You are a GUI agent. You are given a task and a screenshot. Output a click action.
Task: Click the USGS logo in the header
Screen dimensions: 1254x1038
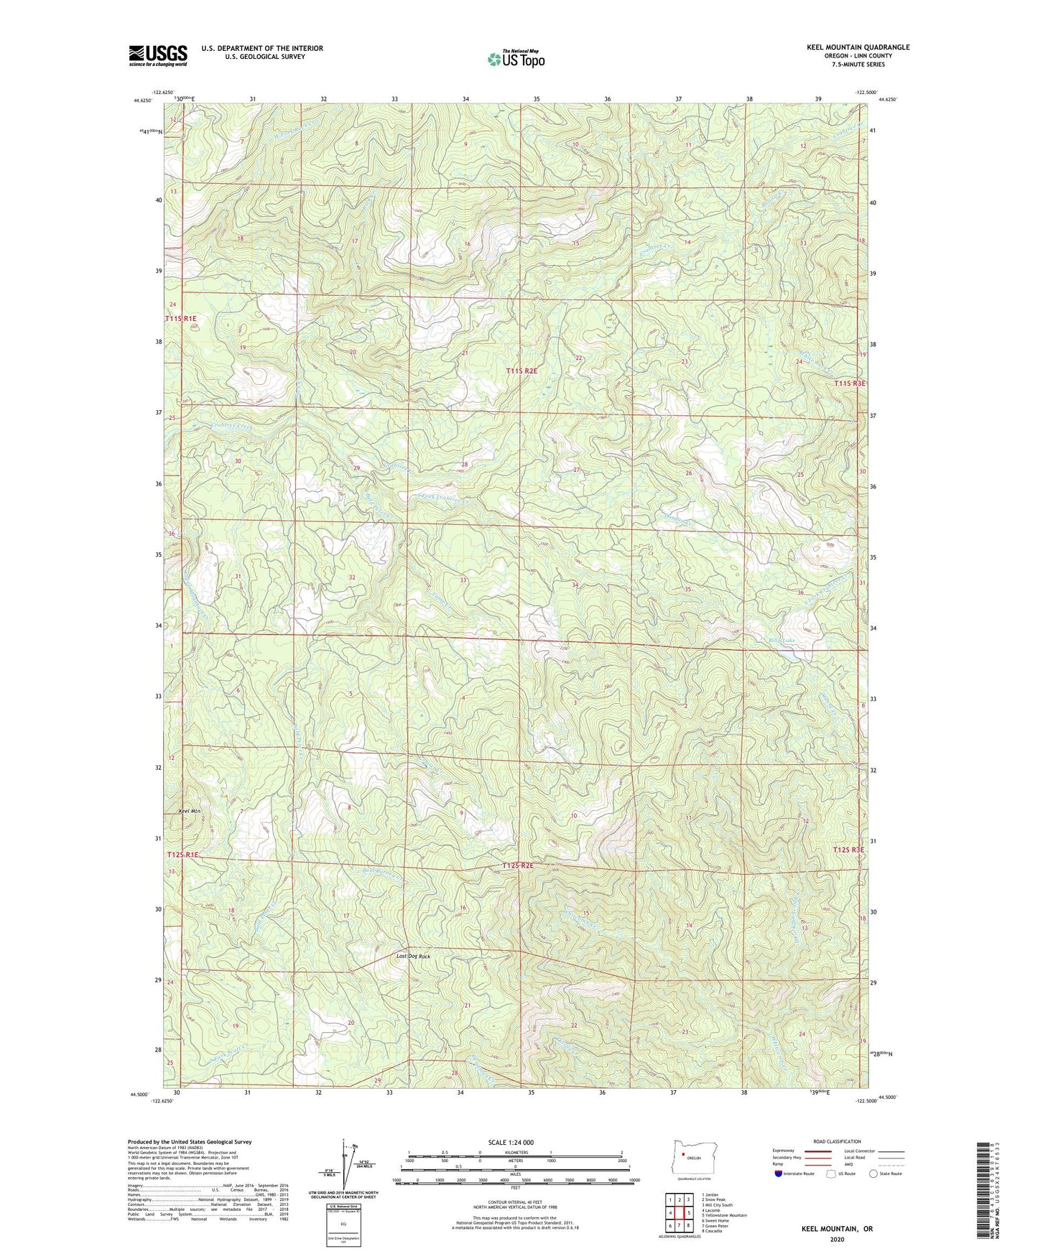point(158,55)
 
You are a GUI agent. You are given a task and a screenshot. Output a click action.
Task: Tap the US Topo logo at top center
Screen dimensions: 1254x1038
point(516,60)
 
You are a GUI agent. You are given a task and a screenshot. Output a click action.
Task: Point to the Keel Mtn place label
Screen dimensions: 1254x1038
point(189,811)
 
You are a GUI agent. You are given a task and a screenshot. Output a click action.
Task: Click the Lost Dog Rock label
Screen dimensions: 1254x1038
point(413,956)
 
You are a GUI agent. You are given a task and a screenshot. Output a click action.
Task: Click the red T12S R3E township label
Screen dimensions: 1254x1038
point(848,850)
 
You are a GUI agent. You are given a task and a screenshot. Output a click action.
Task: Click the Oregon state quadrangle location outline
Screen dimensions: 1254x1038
point(693,1157)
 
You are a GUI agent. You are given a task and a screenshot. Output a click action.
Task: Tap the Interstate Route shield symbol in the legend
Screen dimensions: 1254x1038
point(779,1174)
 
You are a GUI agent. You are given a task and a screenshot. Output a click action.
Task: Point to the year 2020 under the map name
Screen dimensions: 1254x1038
point(837,1239)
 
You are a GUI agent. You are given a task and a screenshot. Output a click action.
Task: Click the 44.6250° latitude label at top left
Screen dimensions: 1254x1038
point(142,101)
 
